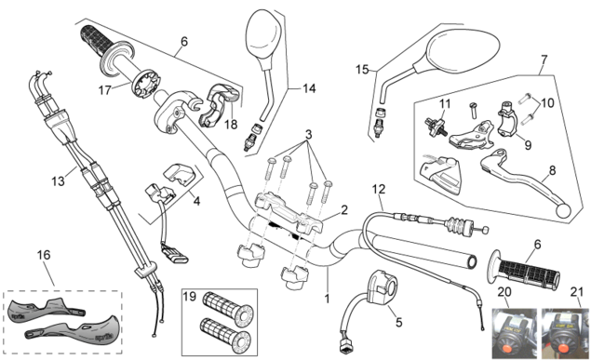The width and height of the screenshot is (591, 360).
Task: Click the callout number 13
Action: click(58, 181)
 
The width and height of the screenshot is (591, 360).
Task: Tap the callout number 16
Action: click(44, 255)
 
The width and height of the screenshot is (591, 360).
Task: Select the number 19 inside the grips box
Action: click(190, 297)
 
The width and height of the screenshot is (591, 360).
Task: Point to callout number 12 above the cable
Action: click(379, 189)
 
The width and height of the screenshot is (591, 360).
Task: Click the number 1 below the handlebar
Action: click(328, 299)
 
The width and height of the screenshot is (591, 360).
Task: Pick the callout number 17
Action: click(105, 90)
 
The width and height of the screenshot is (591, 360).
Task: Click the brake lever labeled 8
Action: click(527, 180)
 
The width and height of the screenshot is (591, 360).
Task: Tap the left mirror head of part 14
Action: click(263, 34)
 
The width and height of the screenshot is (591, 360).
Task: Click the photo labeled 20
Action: click(514, 333)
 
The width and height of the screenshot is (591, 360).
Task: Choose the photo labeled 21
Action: click(566, 333)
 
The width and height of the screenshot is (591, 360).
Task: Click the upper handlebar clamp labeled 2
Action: click(289, 213)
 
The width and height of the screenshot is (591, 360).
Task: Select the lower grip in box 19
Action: click(225, 336)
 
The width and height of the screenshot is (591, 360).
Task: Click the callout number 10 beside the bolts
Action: click(547, 103)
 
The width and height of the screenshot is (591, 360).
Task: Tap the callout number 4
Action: click(196, 202)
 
